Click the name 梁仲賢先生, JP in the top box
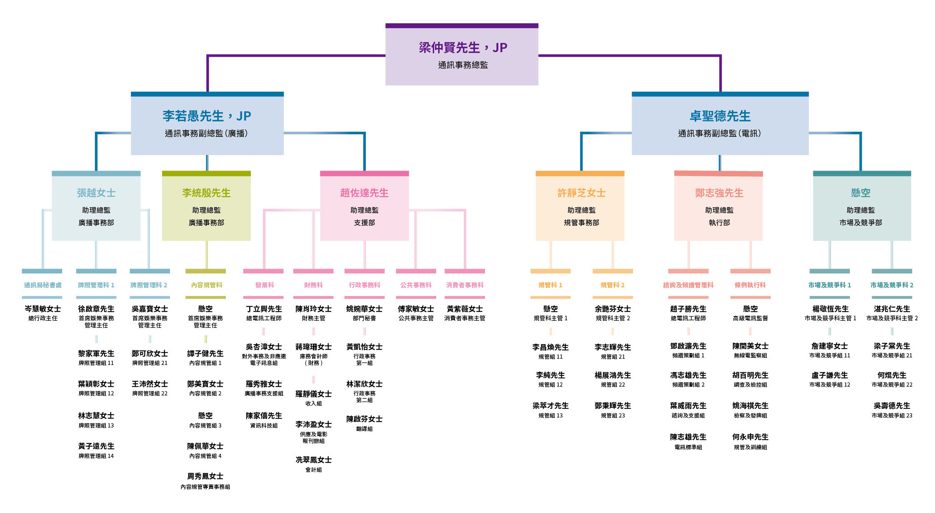[462, 48]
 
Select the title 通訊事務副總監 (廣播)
[206, 133]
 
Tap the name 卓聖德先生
[720, 116]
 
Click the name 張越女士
[96, 193]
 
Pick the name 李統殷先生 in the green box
[206, 193]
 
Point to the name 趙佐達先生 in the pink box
[364, 193]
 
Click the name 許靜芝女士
[581, 193]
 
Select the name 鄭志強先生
[719, 193]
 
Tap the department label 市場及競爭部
[861, 223]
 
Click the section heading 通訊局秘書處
[42, 285]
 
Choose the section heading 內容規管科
[206, 285]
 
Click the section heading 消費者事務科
[465, 285]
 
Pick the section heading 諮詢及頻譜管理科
[688, 285]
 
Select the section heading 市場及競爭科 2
[892, 285]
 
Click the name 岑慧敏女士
[42, 309]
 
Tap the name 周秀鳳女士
[205, 476]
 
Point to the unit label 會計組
[313, 470]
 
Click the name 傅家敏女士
[416, 309]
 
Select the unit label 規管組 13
[550, 416]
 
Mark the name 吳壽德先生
[892, 405]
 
